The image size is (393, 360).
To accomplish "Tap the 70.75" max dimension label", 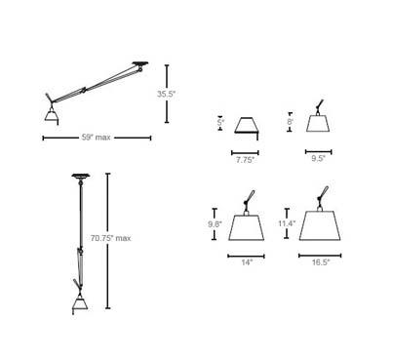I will [111, 238].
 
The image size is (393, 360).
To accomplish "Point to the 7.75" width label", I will [245, 159].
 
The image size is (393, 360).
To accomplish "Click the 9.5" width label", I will [318, 159].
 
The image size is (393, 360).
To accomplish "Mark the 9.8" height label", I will [216, 224].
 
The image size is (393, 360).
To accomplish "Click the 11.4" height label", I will [286, 224].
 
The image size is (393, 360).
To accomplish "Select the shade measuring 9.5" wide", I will [318, 124].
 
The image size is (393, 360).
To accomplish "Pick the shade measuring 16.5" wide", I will [319, 225].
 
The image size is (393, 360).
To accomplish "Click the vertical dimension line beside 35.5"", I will [169, 95].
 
